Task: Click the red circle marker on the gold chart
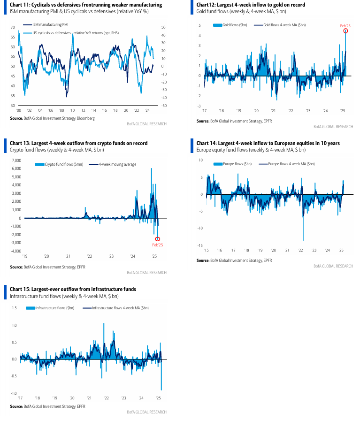(345, 31)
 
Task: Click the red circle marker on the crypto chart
(158, 239)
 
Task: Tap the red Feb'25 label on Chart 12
(345, 26)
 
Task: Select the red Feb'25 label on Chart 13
(158, 245)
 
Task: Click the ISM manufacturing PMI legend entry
(46, 24)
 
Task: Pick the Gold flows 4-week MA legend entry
(280, 25)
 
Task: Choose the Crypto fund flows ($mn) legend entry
(59, 164)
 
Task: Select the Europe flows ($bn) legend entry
(232, 164)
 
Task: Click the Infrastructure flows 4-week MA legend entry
(116, 308)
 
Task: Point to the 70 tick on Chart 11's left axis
(13, 27)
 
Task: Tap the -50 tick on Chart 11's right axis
(164, 106)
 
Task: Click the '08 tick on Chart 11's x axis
(61, 110)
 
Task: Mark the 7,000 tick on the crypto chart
(16, 161)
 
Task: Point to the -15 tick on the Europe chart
(200, 245)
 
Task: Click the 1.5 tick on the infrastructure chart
(14, 308)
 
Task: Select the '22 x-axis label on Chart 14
(300, 250)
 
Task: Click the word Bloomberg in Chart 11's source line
(86, 118)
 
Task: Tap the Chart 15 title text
(73, 289)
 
